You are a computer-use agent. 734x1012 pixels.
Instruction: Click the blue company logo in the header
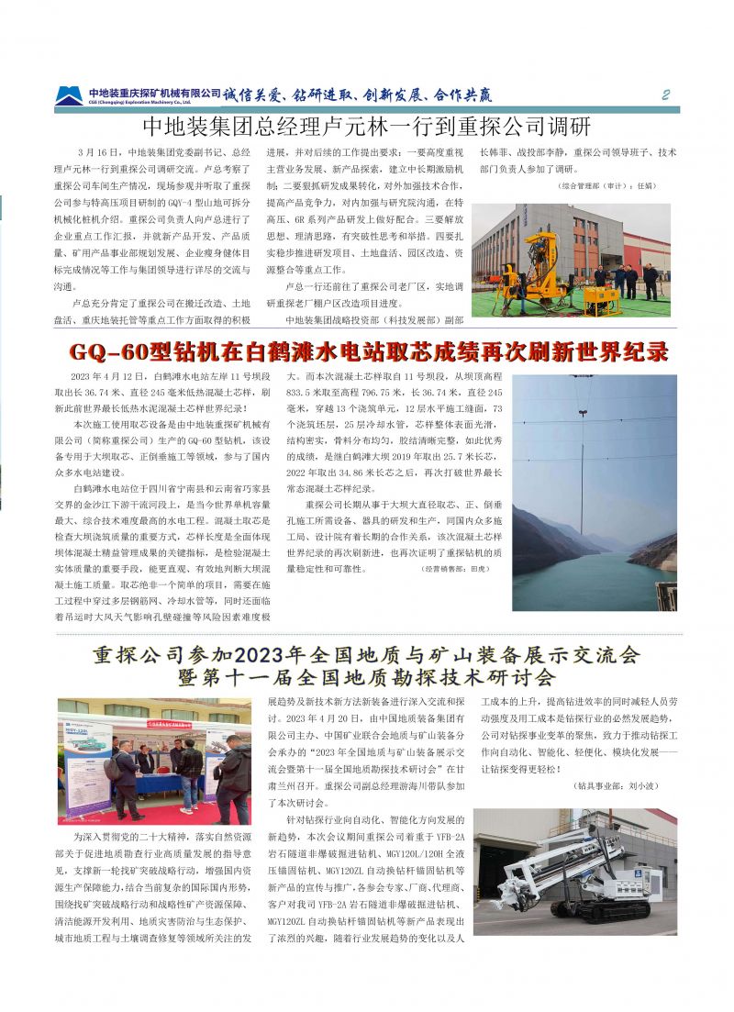(69, 95)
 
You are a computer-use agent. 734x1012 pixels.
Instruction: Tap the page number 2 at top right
(666, 95)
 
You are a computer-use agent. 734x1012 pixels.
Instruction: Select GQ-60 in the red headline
(113, 352)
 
